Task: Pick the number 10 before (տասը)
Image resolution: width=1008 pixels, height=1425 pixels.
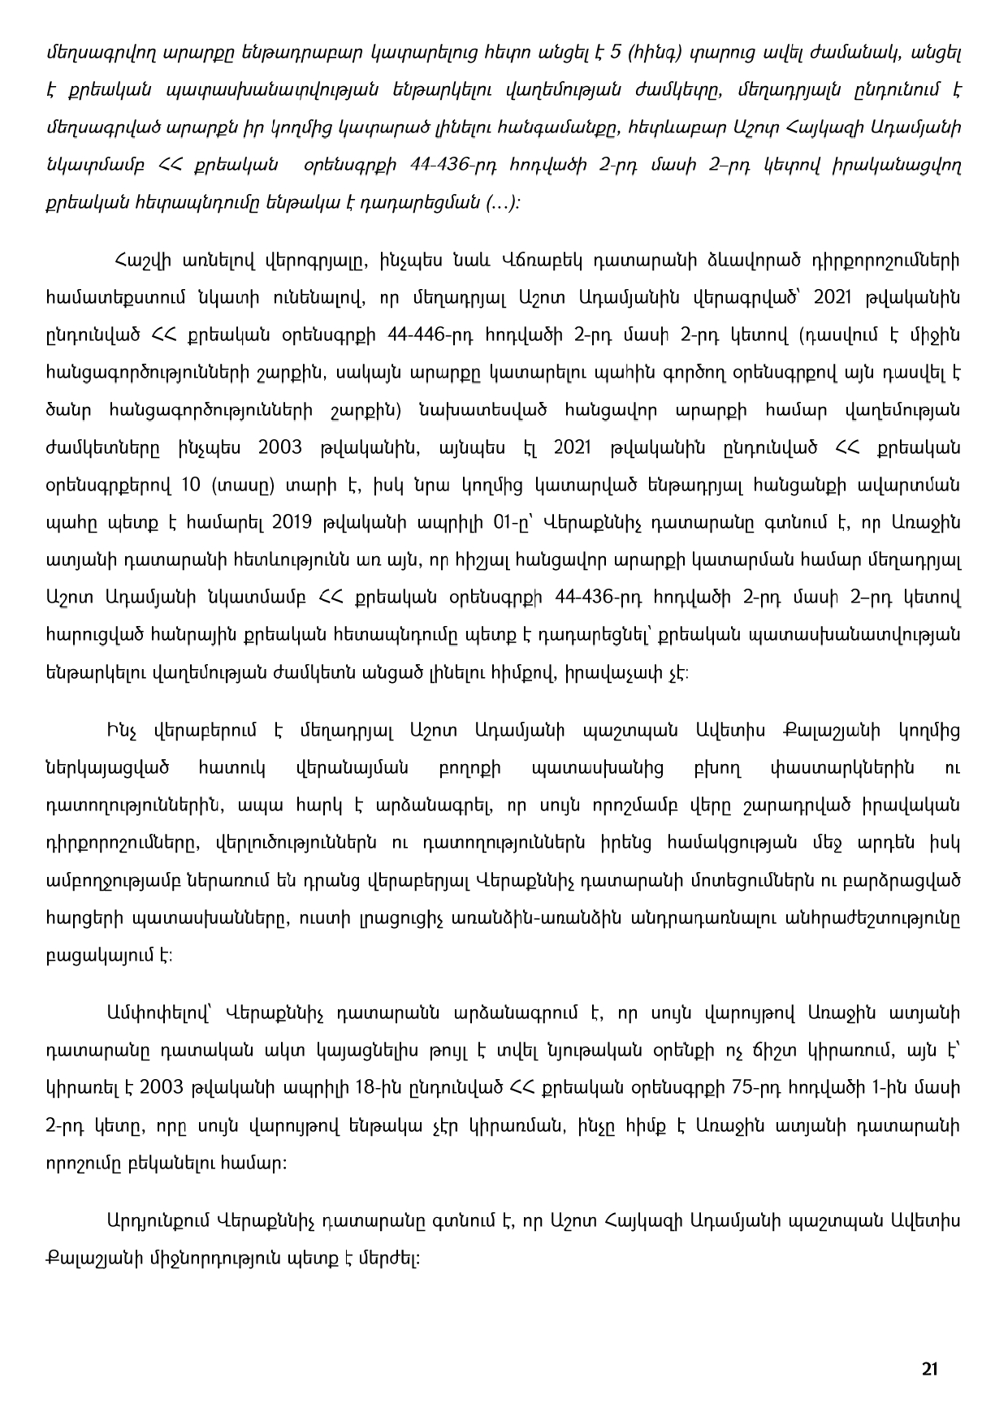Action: coord(191,486)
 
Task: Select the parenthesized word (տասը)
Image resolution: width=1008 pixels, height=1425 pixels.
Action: coord(245,486)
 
